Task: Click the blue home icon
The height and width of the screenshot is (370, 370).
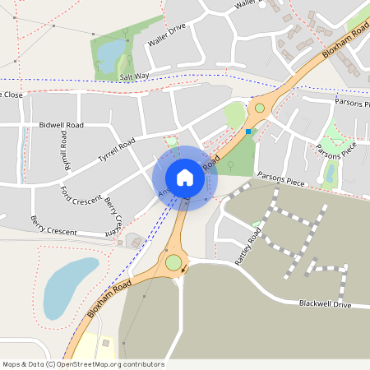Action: pos(185,177)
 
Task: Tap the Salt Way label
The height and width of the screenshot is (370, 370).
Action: pos(135,76)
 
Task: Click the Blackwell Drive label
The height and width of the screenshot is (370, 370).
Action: pos(325,304)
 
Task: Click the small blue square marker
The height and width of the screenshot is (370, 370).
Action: pos(248,131)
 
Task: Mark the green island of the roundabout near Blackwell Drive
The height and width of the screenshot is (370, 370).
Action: pos(173,263)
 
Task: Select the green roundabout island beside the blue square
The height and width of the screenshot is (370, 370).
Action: pos(260,108)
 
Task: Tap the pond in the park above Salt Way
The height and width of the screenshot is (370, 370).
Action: pos(108,55)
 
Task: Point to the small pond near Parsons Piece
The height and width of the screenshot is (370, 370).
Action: pos(331,173)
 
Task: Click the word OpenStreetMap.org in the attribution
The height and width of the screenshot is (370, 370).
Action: pos(97,364)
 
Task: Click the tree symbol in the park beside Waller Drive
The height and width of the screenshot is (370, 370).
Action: pos(126,33)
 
